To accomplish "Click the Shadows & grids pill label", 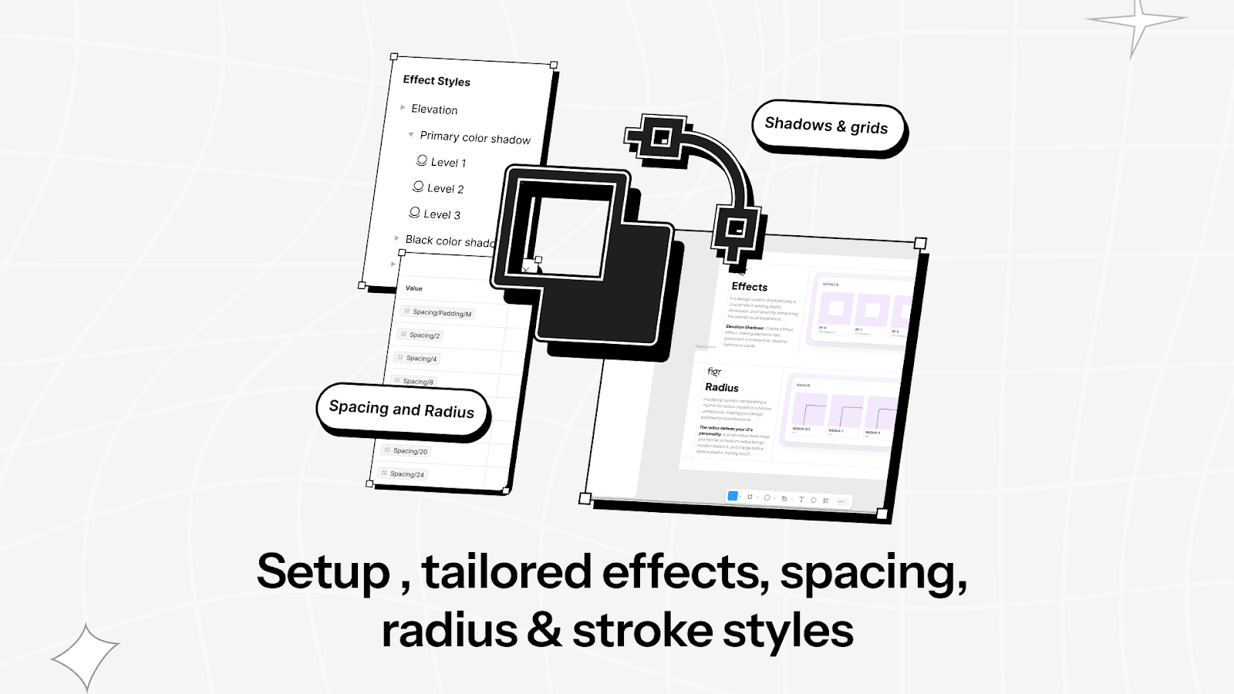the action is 826,126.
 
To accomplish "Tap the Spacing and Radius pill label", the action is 402,409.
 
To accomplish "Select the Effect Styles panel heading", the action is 437,81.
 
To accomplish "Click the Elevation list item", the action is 434,109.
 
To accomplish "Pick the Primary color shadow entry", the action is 475,137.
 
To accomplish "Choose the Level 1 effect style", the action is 447,163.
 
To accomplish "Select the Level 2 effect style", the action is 444,189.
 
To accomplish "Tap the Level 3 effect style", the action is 441,215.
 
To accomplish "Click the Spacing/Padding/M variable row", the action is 441,313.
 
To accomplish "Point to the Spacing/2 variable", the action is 424,335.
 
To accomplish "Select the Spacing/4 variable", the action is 421,359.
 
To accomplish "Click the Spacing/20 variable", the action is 410,451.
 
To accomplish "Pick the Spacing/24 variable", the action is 406,474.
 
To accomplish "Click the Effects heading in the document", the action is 749,287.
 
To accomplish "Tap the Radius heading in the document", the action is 722,388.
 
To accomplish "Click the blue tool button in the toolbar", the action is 733,497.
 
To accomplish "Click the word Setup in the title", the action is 323,573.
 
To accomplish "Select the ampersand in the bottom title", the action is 545,631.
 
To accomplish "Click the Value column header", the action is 414,288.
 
